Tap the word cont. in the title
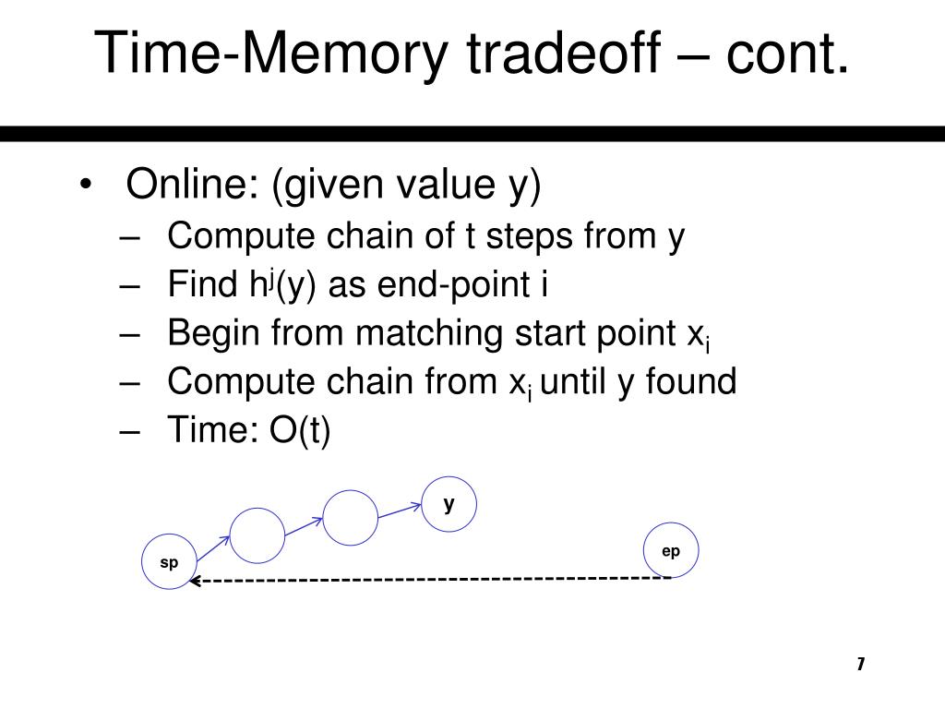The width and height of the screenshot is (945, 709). pos(787,53)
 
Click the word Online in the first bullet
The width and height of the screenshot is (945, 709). pos(190,186)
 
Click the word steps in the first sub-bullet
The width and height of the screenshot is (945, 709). pos(528,236)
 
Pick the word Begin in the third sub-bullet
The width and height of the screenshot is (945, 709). pos(213,332)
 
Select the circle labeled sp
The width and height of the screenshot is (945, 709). pos(170,562)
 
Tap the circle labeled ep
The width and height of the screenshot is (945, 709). pos(671,551)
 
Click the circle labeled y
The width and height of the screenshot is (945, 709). pos(449,504)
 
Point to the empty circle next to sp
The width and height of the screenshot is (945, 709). pos(257,535)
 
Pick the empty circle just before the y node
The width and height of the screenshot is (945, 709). pos(351,517)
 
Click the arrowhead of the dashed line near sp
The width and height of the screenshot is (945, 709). pos(195,582)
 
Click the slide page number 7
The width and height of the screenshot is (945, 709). pos(860,664)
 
